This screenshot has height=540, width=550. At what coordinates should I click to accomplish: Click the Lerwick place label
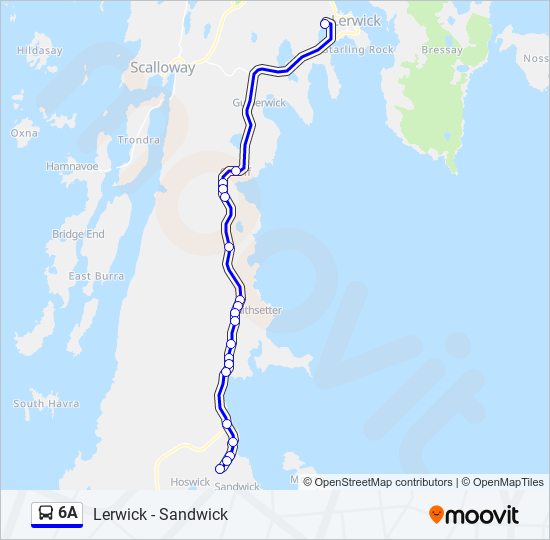[x=356, y=21]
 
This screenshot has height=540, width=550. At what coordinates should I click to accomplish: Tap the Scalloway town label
[x=162, y=68]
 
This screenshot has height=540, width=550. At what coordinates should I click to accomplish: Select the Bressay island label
[x=442, y=50]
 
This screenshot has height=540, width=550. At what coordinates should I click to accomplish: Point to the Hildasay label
[x=39, y=50]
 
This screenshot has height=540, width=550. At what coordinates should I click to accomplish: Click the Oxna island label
[x=24, y=132]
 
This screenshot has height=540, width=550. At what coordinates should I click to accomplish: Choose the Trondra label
[x=138, y=140]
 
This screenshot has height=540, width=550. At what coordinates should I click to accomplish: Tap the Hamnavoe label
[x=72, y=166]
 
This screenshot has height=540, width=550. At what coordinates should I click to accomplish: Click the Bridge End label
[x=78, y=234]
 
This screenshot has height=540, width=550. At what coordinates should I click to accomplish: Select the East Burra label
[x=94, y=276]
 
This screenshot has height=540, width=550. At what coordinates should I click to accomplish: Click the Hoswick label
[x=190, y=481]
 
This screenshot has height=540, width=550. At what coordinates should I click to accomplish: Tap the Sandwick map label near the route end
[x=237, y=487]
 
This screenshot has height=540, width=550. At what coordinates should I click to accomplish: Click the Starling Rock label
[x=360, y=50]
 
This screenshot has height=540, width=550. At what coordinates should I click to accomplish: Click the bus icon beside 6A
[x=46, y=513]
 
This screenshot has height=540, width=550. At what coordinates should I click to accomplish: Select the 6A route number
[x=68, y=513]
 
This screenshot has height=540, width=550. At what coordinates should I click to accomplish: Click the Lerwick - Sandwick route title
[x=160, y=514]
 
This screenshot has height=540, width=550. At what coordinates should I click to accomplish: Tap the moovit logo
[x=474, y=514]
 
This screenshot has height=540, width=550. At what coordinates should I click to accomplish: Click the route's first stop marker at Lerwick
[x=325, y=24]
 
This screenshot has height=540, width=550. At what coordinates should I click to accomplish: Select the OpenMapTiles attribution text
[x=508, y=482]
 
